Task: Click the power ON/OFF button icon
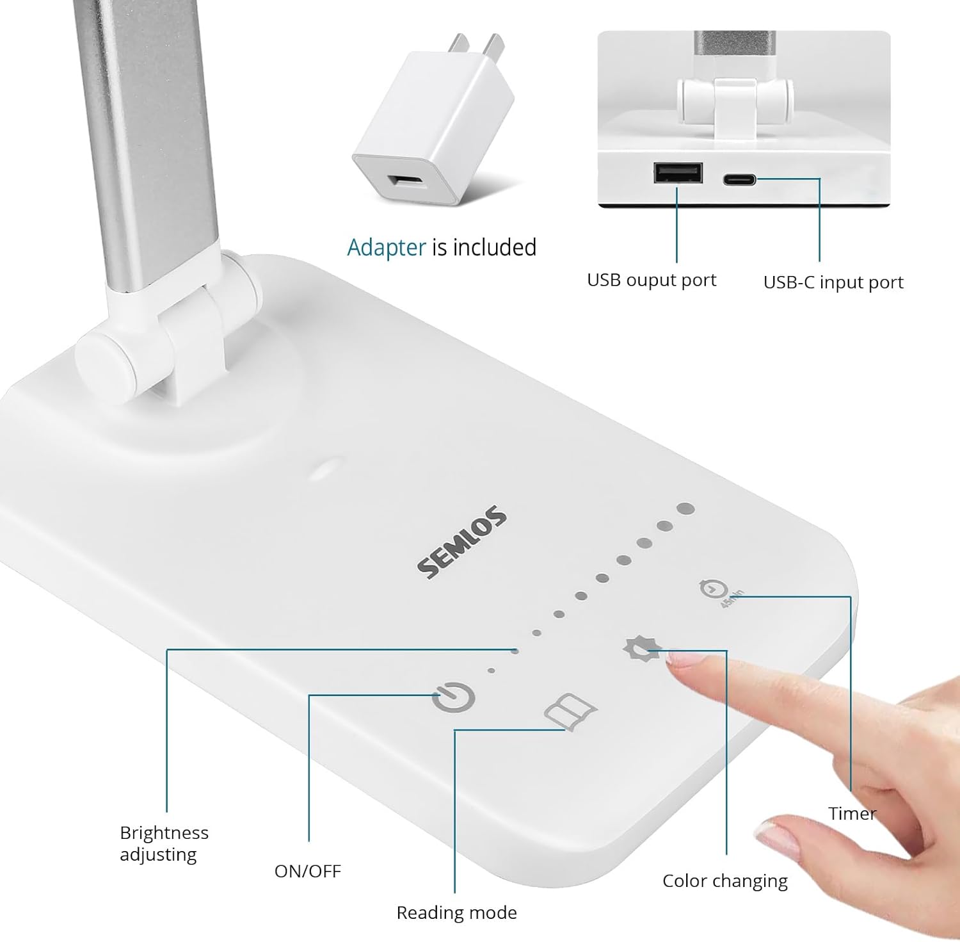click(453, 698)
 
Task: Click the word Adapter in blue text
click(386, 248)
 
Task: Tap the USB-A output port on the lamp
click(678, 173)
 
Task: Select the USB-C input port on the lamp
click(739, 180)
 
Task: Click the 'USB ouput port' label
click(652, 280)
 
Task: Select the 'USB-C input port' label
click(833, 282)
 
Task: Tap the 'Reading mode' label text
click(456, 913)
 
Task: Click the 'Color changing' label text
click(724, 881)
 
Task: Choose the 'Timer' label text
click(852, 813)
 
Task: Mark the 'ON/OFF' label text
click(307, 871)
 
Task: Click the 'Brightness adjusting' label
click(164, 843)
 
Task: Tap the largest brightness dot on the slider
click(685, 510)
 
